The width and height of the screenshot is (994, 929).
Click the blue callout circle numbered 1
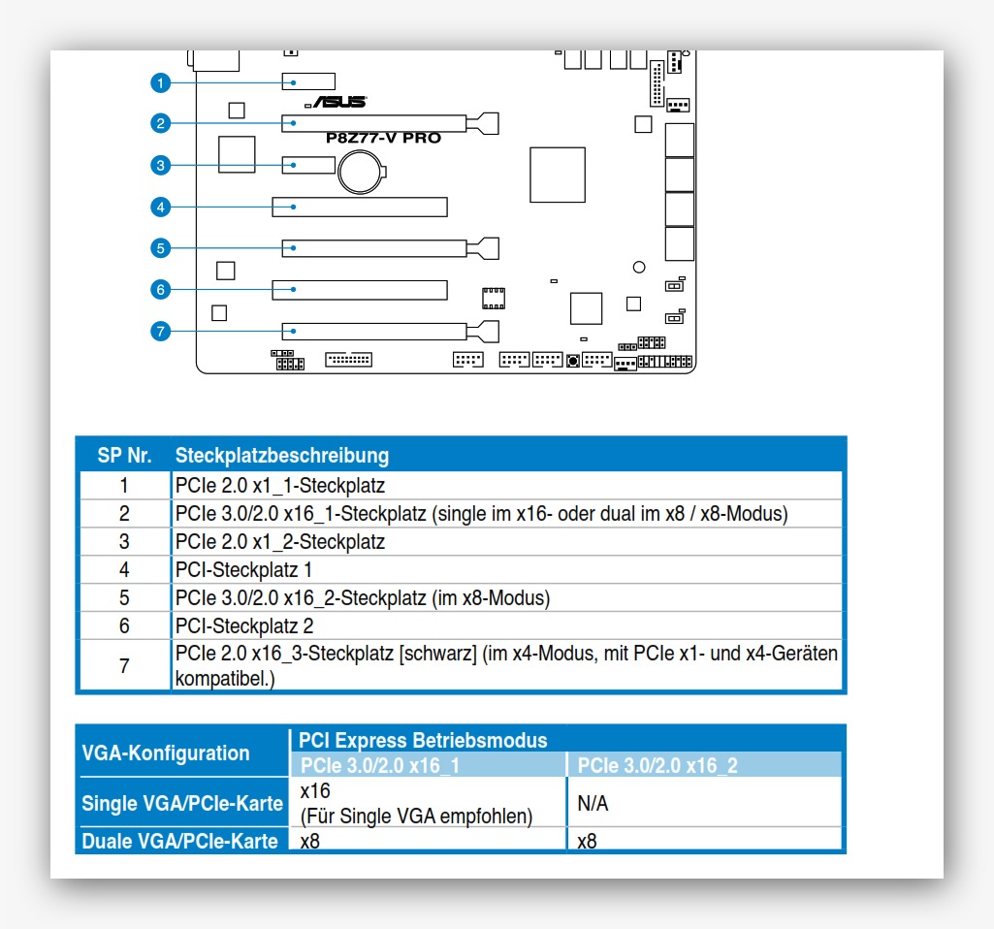coord(161,82)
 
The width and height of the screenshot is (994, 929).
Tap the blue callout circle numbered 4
coord(161,207)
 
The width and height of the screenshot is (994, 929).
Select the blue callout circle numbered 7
coord(161,332)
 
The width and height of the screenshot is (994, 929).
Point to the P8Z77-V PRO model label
coord(383,138)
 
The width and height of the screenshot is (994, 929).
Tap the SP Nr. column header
coord(124,456)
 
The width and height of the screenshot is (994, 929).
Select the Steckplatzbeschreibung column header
coord(282,456)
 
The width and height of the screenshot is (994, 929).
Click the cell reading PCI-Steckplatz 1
coord(243,570)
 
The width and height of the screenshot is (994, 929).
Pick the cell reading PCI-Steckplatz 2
coord(243,626)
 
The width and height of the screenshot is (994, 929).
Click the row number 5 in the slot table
coord(124,598)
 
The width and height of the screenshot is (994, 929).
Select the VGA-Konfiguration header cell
coord(166,753)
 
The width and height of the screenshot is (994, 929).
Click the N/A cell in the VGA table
coord(593,804)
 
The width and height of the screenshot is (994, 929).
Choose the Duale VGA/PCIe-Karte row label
coord(179,841)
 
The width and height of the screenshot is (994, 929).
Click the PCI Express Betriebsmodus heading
coord(423,741)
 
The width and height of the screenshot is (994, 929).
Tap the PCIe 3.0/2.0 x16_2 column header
coord(657,766)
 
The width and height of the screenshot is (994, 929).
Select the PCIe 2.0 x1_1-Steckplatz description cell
coord(280,486)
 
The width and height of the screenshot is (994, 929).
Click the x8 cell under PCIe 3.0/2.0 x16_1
coord(310,841)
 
